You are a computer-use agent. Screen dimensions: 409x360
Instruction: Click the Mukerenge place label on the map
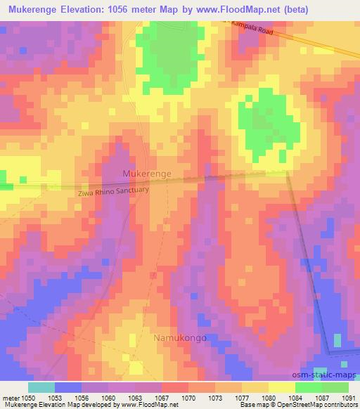(147, 172)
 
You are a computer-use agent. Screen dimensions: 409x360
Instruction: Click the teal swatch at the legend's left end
(41, 387)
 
